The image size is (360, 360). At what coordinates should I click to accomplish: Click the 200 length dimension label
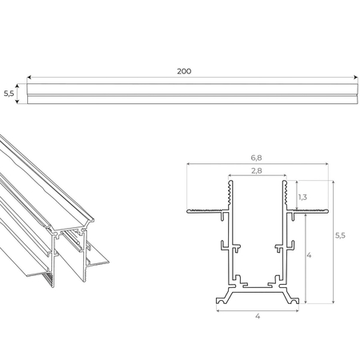[184, 71]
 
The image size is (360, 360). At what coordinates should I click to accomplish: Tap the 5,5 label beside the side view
[9, 94]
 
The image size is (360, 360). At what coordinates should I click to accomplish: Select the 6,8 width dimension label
[256, 158]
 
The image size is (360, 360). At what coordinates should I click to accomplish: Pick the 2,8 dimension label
[257, 170]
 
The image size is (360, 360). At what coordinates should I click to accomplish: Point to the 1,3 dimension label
[302, 197]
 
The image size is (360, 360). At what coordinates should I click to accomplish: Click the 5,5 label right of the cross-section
[340, 235]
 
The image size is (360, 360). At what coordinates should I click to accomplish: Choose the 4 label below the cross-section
[258, 316]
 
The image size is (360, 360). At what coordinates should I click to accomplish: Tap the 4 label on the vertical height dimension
[309, 255]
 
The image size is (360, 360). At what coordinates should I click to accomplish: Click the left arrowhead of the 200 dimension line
[29, 78]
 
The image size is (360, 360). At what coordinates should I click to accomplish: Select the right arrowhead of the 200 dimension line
[356, 78]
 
